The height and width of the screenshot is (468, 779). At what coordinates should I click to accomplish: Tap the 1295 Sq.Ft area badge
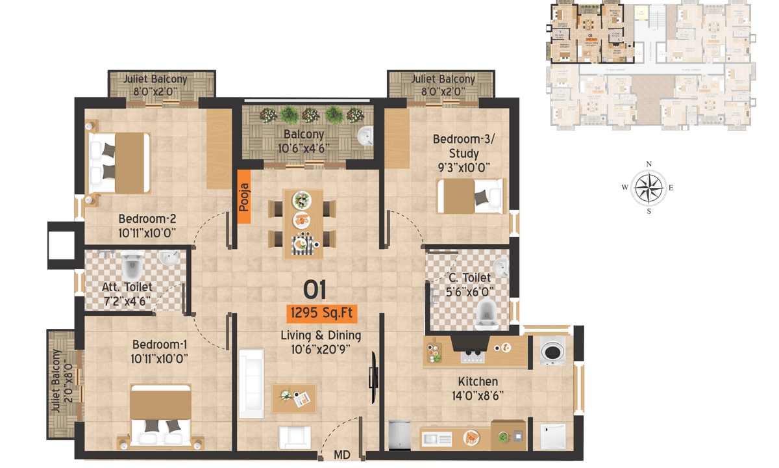[x=322, y=313]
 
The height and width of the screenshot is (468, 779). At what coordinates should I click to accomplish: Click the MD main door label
[x=342, y=454]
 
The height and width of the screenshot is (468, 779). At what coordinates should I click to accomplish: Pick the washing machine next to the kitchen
[x=552, y=352]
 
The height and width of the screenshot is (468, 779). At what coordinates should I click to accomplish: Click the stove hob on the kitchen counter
[x=473, y=356]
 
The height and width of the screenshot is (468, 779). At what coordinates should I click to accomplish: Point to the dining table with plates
[x=303, y=222]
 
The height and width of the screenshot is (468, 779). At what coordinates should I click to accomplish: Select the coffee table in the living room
[x=294, y=398]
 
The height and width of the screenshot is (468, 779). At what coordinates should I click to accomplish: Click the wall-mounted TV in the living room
[x=373, y=377]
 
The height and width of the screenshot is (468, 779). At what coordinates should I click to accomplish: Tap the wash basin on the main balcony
[x=365, y=136]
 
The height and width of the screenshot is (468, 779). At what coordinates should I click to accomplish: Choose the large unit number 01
[x=315, y=290]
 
